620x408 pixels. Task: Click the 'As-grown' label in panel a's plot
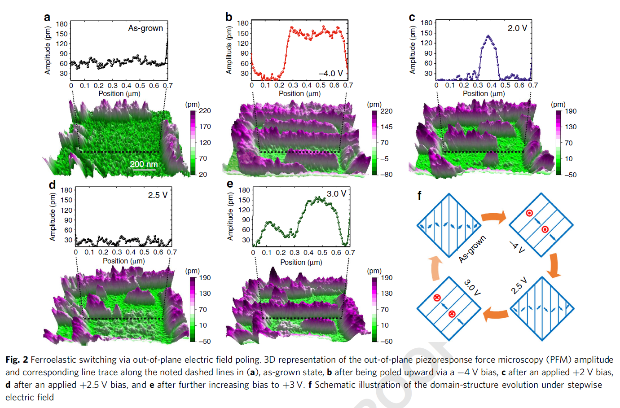tap(145, 28)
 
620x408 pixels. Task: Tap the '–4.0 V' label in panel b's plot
tap(330, 73)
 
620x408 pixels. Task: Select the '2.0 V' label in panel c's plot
tap(517, 28)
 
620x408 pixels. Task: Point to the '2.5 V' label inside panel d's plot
tap(158, 195)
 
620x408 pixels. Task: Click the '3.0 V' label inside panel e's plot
tap(336, 194)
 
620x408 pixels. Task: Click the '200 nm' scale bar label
tap(144, 164)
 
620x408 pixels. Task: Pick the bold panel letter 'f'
tap(419, 196)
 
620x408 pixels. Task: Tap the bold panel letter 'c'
tap(412, 18)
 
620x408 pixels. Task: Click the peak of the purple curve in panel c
tap(488, 36)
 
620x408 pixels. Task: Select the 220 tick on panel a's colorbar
tap(205, 111)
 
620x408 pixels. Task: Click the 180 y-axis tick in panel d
tap(66, 190)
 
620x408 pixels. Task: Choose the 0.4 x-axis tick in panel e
tap(308, 253)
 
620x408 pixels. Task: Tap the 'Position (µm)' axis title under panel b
tap(299, 94)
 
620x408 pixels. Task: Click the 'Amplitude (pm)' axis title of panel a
tap(48, 50)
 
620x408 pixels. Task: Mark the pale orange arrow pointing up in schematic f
tap(435, 269)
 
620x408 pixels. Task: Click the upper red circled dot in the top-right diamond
tap(530, 213)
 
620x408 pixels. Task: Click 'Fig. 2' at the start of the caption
tap(17, 360)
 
